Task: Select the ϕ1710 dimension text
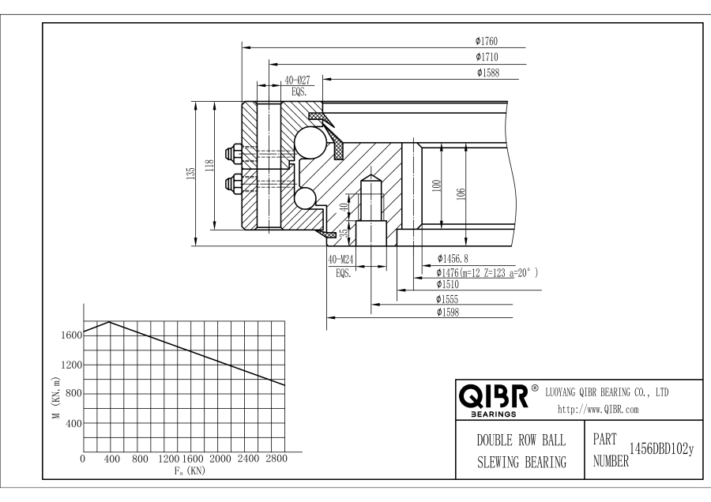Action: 486,57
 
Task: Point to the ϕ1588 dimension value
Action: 487,73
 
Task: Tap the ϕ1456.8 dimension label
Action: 452,258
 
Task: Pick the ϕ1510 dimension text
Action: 448,285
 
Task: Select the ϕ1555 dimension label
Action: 448,299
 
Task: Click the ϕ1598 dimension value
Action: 448,313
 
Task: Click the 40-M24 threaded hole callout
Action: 341,260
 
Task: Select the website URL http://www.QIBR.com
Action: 598,410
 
